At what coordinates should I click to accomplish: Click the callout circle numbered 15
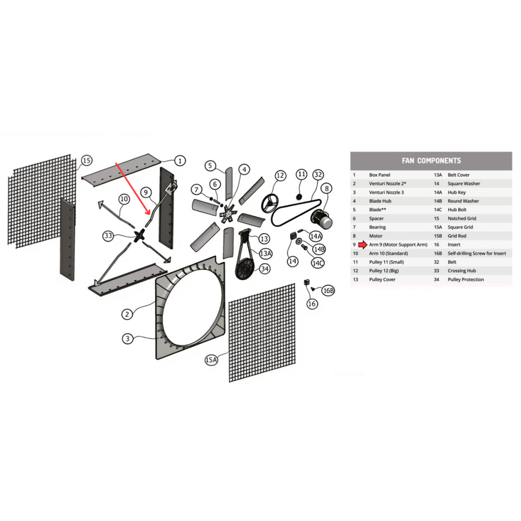87,161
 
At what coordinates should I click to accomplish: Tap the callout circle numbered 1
180,161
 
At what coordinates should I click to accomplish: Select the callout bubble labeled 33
108,236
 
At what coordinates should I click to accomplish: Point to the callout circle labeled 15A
211,359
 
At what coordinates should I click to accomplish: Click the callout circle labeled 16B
328,290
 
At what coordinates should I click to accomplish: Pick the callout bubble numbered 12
280,175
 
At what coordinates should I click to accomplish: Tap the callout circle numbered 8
327,188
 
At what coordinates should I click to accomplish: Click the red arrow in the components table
363,245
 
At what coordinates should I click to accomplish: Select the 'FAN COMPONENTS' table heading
431,161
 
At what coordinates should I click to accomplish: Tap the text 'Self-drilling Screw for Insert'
477,254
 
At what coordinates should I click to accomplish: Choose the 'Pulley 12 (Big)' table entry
384,271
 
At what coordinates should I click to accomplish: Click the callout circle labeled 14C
318,263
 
